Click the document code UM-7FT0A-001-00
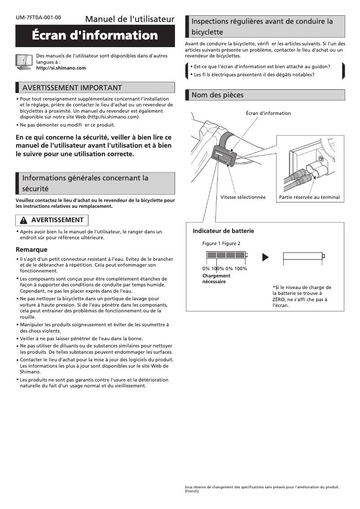pyautogui.click(x=38, y=18)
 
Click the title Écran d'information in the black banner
pyautogui.click(x=95, y=35)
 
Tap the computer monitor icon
pyautogui.click(x=23, y=61)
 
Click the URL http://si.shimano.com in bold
pyautogui.click(x=61, y=68)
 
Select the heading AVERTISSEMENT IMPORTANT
pyautogui.click(x=72, y=88)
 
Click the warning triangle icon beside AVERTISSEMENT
pyautogui.click(x=24, y=220)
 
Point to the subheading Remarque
pyautogui.click(x=31, y=250)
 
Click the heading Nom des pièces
pyautogui.click(x=217, y=95)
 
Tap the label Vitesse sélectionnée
pyautogui.click(x=243, y=197)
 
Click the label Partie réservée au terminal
pyautogui.click(x=309, y=197)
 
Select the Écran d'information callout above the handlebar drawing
pyautogui.click(x=268, y=113)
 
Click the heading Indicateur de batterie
pyautogui.click(x=223, y=231)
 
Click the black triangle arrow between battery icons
pyautogui.click(x=265, y=257)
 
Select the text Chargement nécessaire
pyautogui.click(x=216, y=279)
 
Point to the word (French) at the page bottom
pyautogui.click(x=192, y=491)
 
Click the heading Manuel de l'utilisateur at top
pyautogui.click(x=129, y=19)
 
